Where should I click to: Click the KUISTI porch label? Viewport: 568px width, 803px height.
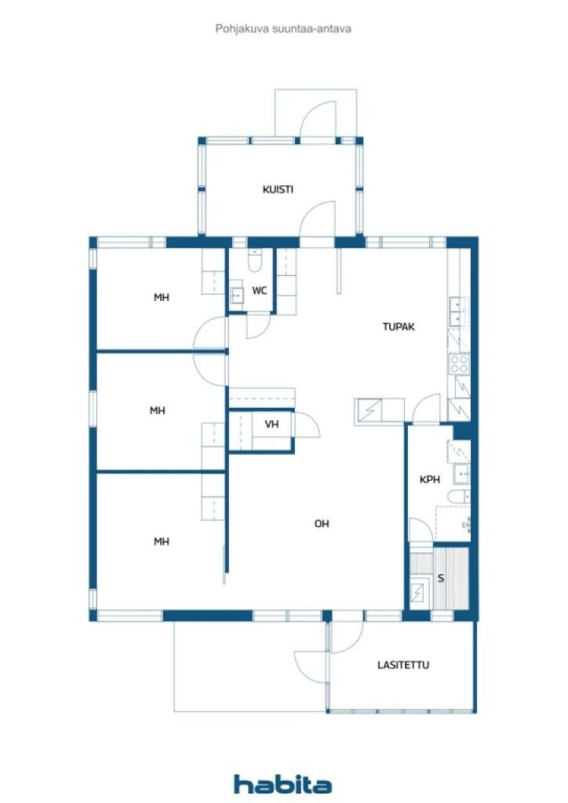278,189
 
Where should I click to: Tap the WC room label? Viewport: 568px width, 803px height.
259,291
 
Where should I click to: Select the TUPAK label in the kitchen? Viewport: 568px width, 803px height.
399,327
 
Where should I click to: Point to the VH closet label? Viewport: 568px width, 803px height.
271,424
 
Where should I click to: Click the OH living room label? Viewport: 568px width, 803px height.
322,524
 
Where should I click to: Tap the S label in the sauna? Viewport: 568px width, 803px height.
441,579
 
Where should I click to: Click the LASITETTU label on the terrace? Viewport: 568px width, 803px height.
402,665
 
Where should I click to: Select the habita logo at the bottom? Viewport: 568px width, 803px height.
282,783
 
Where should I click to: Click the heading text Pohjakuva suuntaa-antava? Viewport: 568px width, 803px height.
283,28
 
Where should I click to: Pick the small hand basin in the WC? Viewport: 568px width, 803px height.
237,296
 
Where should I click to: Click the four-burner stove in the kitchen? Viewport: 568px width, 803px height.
458,363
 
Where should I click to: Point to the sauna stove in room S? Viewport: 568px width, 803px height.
420,592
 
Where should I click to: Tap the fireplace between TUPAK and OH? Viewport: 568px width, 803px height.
369,410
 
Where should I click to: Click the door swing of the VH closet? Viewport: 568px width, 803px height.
308,425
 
